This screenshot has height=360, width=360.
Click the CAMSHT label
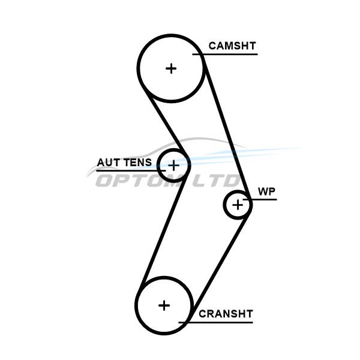(x=232, y=46)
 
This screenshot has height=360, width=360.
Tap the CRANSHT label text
(x=226, y=314)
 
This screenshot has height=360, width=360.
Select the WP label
(x=266, y=191)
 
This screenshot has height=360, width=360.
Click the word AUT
(x=109, y=163)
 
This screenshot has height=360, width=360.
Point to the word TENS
(x=138, y=163)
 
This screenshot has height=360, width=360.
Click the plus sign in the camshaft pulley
(x=172, y=68)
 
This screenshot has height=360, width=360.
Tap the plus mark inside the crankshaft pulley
(x=164, y=305)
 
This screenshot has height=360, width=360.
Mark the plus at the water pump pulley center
(x=238, y=205)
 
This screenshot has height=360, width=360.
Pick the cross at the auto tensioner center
(x=173, y=164)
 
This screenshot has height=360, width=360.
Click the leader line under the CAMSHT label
(x=228, y=55)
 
